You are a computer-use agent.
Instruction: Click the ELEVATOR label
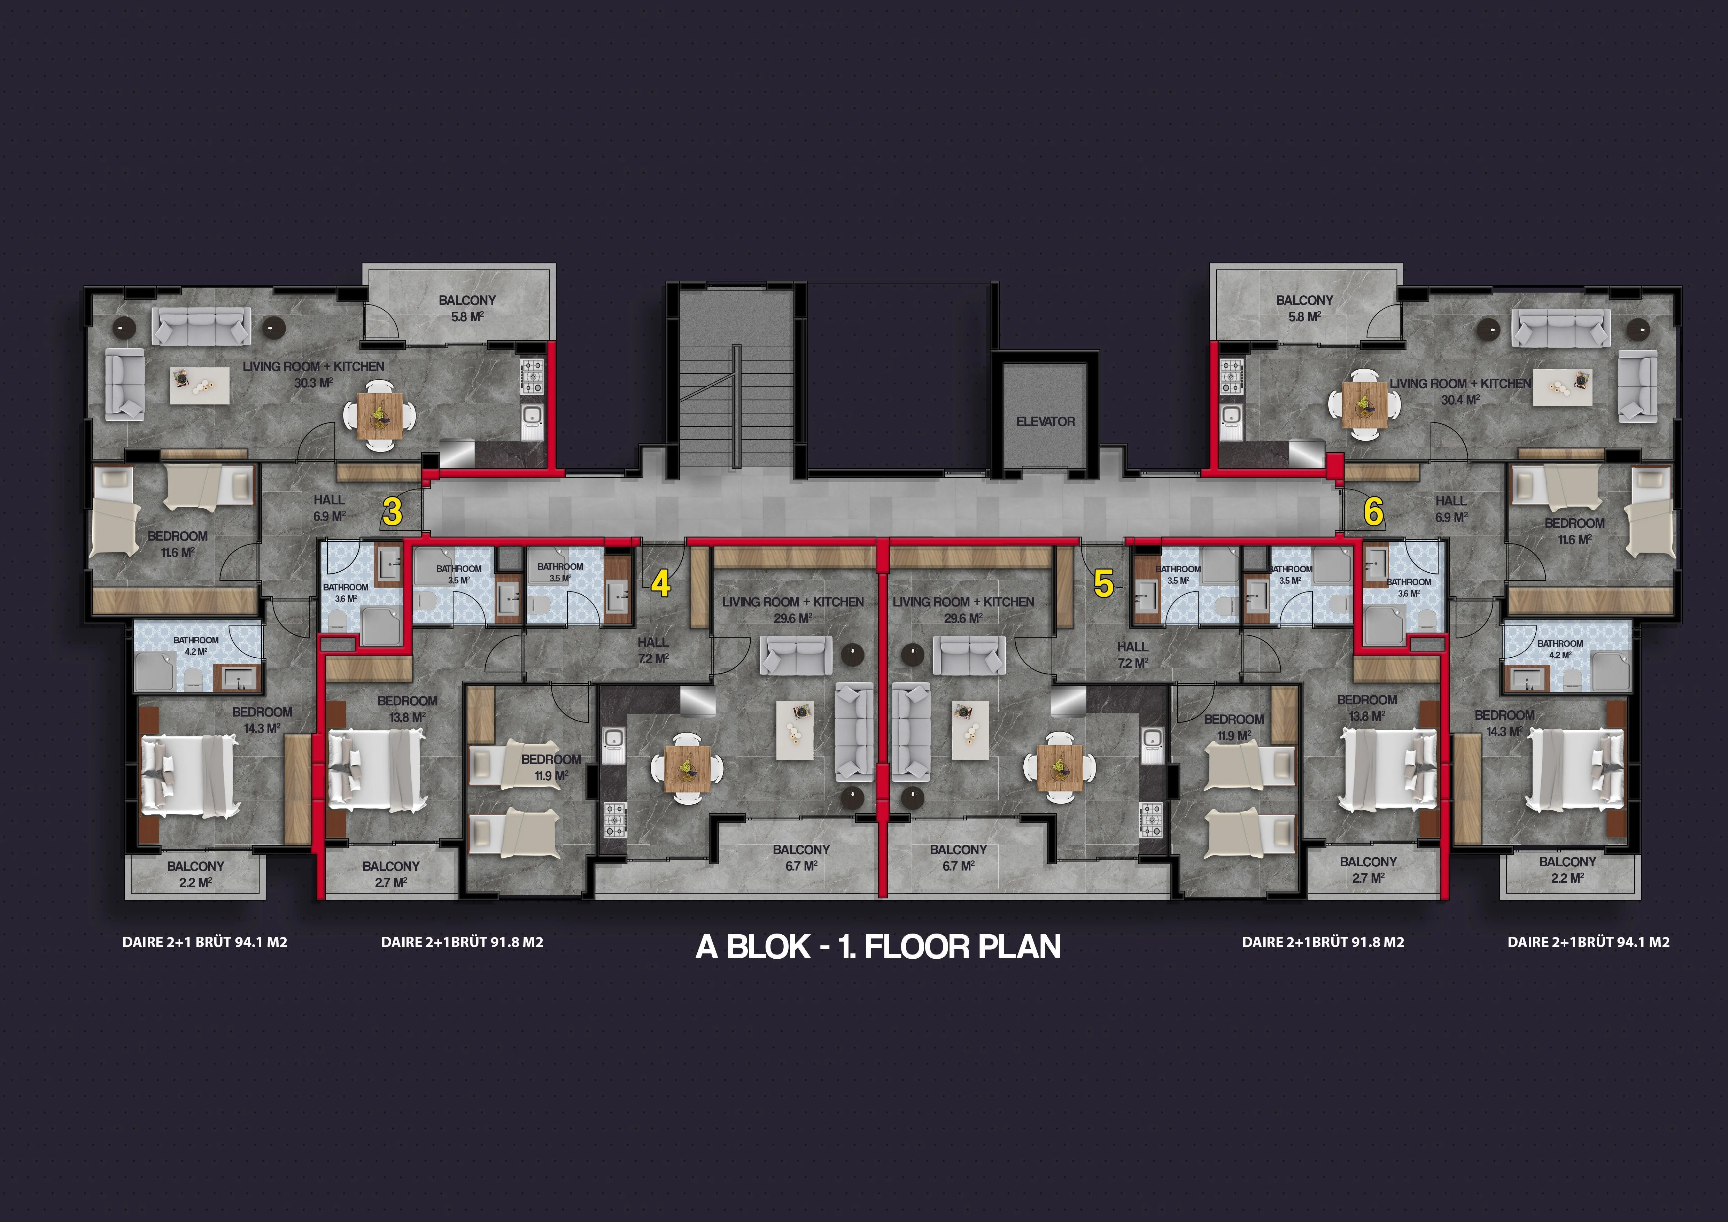click(1045, 421)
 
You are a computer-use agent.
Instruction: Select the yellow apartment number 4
click(661, 584)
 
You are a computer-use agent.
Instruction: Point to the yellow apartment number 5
click(1103, 584)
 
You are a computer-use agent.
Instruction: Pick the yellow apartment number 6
click(1373, 512)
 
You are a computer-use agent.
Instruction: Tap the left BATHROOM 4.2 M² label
click(196, 645)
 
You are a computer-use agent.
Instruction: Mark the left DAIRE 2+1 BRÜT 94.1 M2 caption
click(205, 942)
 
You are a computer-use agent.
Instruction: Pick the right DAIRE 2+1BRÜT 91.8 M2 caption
click(1323, 942)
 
